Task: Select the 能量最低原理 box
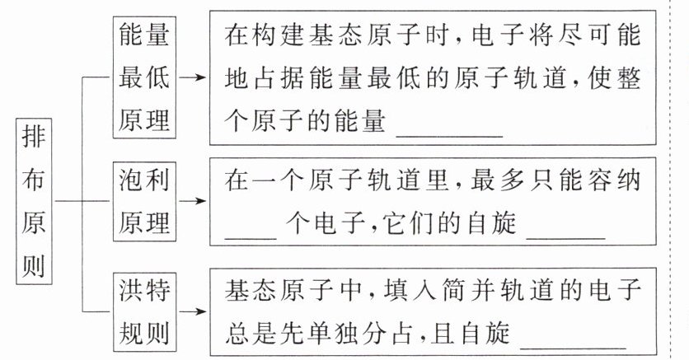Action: [144, 77]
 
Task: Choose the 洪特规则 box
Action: [144, 312]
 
